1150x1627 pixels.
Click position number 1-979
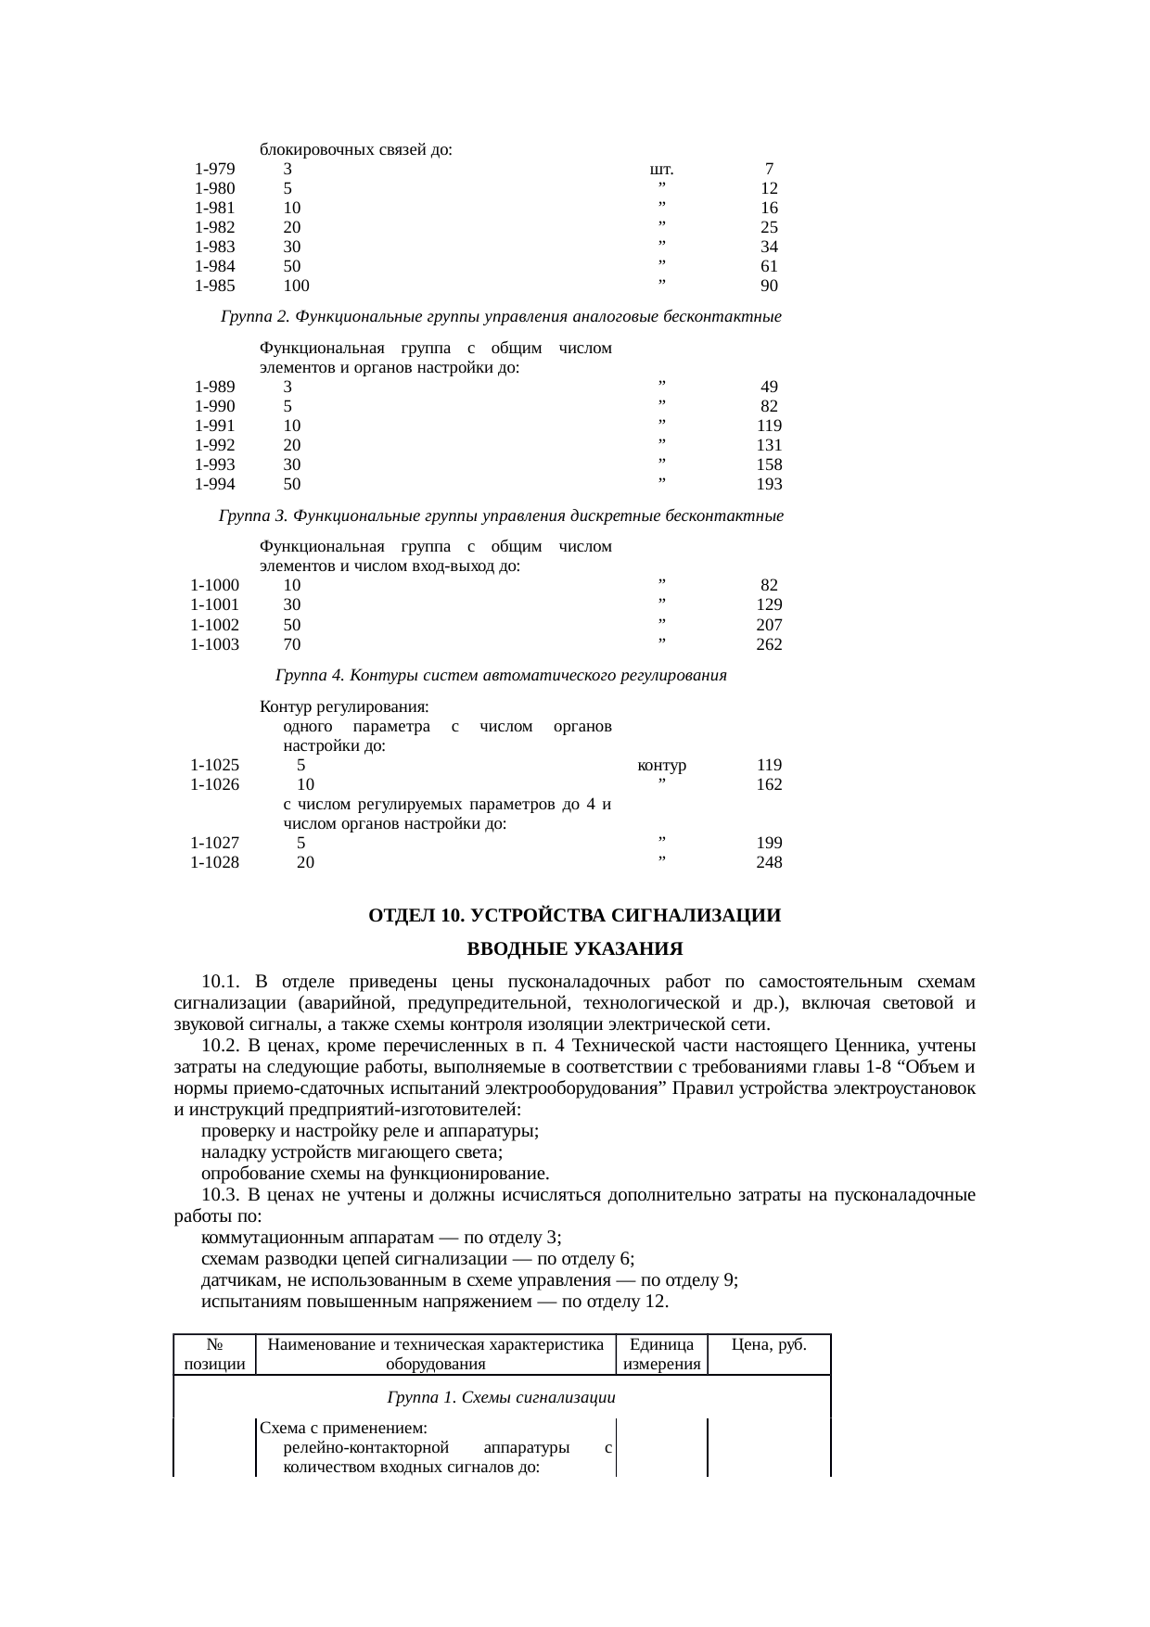214,170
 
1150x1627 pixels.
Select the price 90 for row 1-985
769,286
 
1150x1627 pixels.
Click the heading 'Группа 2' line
501,318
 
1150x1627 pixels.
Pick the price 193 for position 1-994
769,484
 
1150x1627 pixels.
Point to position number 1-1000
214,586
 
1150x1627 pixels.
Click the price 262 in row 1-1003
769,644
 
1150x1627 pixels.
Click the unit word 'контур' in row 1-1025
661,766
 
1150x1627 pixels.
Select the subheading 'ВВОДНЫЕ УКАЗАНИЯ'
574,950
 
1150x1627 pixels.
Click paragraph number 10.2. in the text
223,1047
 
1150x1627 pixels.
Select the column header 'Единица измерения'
661,1354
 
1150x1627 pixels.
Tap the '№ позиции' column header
214,1354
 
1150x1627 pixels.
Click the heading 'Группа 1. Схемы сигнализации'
501,1397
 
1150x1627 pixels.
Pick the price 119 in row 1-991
769,426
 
